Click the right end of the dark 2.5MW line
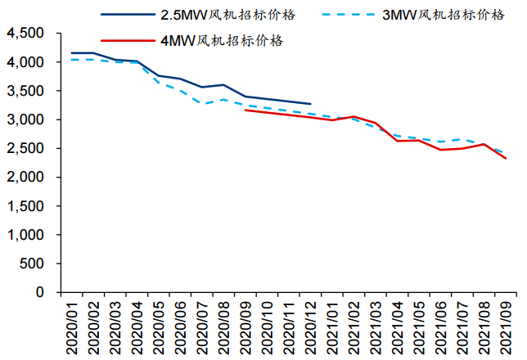[311, 104]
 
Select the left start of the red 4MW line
[245, 110]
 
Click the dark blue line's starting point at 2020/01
[72, 53]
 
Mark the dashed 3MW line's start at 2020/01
[72, 59]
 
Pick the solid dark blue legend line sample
[126, 15]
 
